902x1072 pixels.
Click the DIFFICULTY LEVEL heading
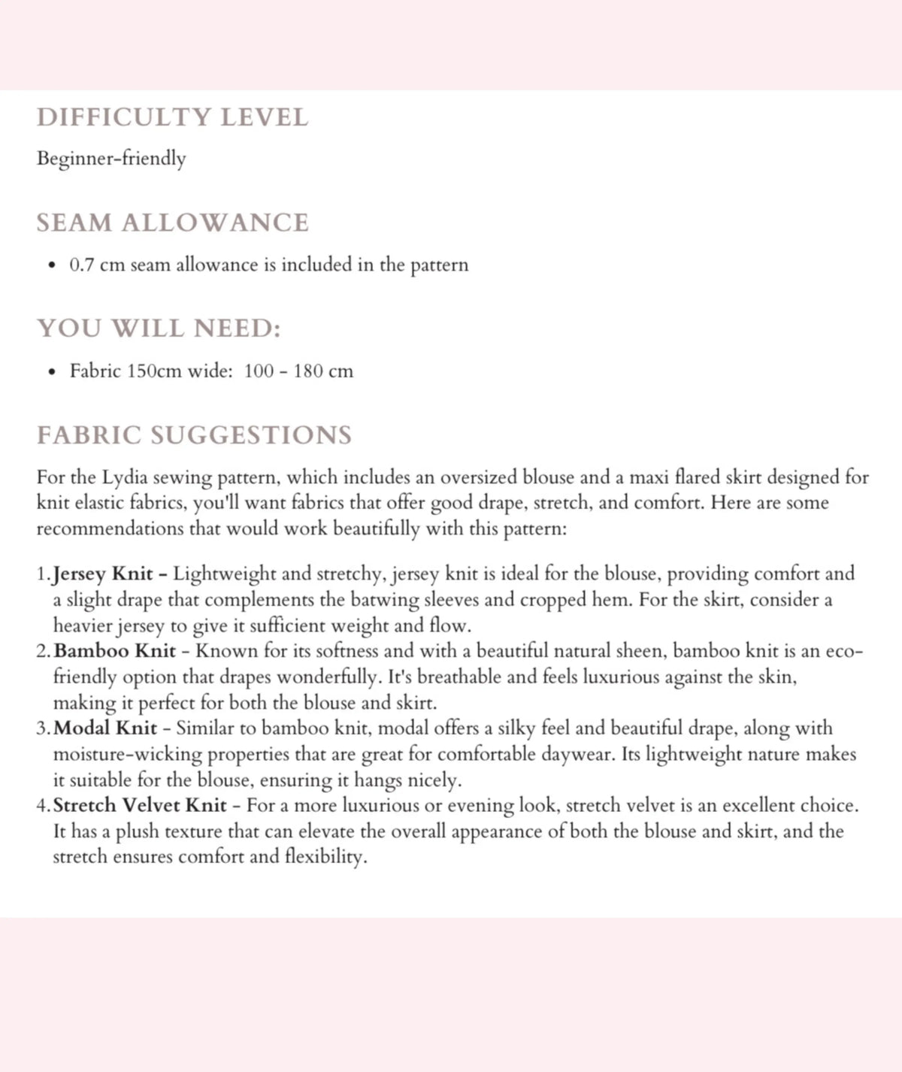[x=172, y=118]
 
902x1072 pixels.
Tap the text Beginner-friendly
[x=111, y=159]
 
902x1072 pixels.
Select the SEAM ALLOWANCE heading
[x=173, y=223]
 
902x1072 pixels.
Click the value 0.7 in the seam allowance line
[x=81, y=265]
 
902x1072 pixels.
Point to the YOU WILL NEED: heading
[x=159, y=329]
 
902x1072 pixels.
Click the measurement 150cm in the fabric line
[x=154, y=371]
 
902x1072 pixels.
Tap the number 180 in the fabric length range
[x=308, y=371]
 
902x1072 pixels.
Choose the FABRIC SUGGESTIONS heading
[x=194, y=435]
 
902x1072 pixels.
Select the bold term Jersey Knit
[x=103, y=574]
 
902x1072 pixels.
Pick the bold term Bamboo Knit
[x=115, y=651]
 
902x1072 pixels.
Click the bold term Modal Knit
[x=106, y=728]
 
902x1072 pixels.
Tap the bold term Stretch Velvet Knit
[x=140, y=806]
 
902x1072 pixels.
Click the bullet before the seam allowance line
[x=51, y=266]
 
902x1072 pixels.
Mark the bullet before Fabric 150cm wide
[x=51, y=372]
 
